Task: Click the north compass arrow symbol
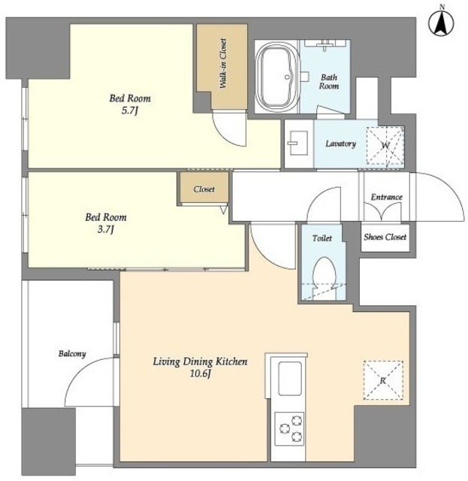tap(441, 23)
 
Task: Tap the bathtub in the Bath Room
tap(278, 77)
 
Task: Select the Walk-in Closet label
tap(223, 64)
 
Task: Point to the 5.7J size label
tap(130, 110)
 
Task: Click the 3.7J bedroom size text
tap(105, 229)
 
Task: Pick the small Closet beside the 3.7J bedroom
tap(204, 187)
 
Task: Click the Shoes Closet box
tap(385, 238)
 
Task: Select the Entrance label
tap(386, 197)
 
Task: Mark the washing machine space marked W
tap(385, 145)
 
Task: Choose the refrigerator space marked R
tap(383, 380)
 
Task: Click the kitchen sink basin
tap(290, 379)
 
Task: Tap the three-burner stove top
tap(289, 428)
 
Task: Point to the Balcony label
tap(72, 354)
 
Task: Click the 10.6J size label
tap(201, 374)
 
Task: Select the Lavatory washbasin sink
tap(297, 144)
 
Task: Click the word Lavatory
tap(340, 144)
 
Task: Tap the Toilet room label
tap(322, 238)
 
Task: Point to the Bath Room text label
tap(329, 82)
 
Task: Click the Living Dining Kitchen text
tap(200, 362)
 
